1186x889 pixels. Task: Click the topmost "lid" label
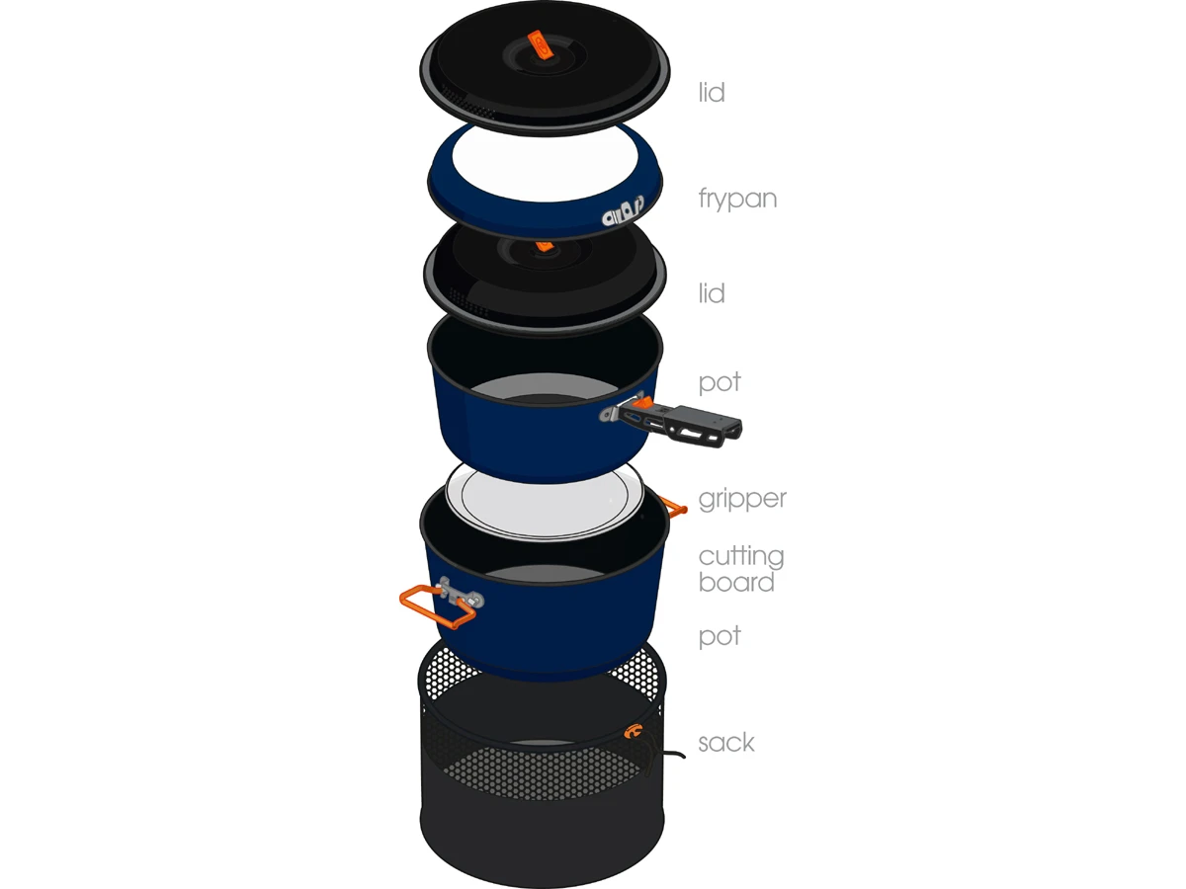711,92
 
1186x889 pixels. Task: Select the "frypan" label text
737,199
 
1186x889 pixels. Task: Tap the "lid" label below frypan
711,293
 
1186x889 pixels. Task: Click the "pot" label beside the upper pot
720,382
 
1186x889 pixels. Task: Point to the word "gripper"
742,499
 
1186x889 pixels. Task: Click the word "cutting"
741,556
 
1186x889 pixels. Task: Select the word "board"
736,582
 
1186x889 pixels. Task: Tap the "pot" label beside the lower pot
720,636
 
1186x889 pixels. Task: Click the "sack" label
726,742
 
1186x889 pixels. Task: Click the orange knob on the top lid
540,44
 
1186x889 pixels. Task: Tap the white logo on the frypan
623,210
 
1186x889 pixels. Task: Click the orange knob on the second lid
545,246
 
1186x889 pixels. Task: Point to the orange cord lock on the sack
632,731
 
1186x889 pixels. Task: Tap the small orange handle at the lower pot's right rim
673,507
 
